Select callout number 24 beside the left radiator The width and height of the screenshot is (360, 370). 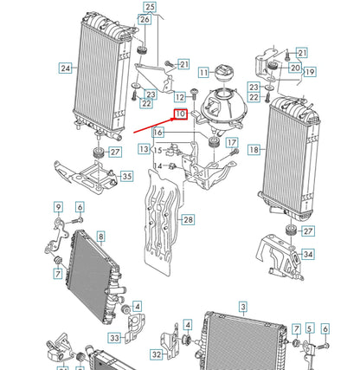(65, 67)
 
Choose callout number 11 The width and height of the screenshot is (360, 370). (204, 73)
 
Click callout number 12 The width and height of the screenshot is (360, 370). (179, 97)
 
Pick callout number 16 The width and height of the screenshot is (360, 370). (158, 133)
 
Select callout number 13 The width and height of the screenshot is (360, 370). (144, 150)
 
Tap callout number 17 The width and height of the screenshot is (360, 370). (232, 142)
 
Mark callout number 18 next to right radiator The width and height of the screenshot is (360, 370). (254, 150)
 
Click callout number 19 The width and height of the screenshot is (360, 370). (309, 72)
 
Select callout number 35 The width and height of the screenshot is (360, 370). (127, 177)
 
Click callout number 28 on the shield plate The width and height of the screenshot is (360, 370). (188, 220)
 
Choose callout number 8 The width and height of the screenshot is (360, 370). (100, 235)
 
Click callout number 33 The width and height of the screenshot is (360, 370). (115, 337)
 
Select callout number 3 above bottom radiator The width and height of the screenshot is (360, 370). (243, 307)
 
